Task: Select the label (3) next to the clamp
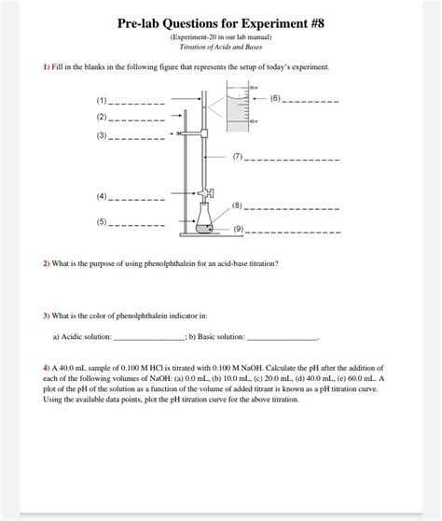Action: [102, 136]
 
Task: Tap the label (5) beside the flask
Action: [102, 223]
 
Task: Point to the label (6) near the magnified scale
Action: [275, 97]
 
